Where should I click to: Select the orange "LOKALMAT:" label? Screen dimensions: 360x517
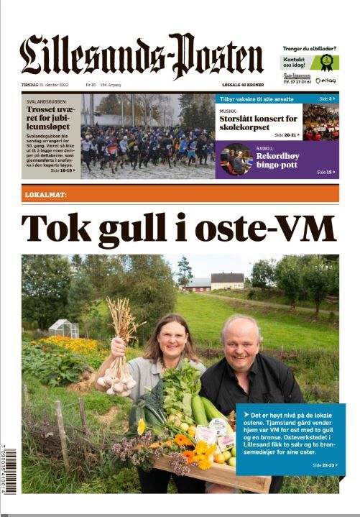point(46,194)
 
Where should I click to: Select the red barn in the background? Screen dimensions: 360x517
point(198,283)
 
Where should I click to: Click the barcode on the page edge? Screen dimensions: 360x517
point(9,470)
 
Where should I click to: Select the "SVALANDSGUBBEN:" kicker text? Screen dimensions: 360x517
point(45,102)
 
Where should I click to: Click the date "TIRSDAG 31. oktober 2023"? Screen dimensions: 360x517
point(49,85)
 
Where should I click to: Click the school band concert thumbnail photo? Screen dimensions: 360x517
point(320,122)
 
